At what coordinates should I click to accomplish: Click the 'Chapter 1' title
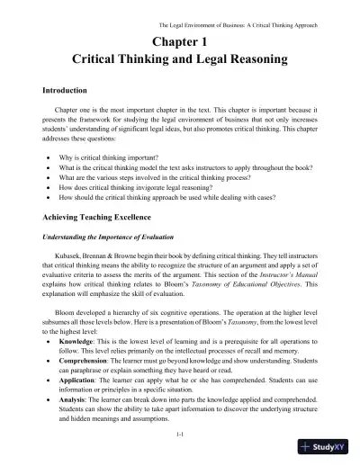pyautogui.click(x=179, y=41)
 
